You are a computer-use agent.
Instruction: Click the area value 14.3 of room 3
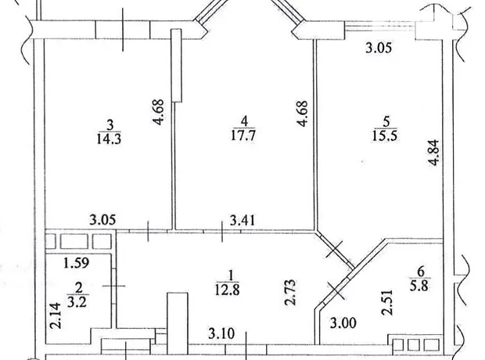pyautogui.click(x=109, y=139)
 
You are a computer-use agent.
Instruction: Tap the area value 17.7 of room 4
pyautogui.click(x=243, y=135)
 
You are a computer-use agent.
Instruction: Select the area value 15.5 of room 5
pyautogui.click(x=385, y=135)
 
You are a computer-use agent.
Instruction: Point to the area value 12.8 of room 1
pyautogui.click(x=228, y=290)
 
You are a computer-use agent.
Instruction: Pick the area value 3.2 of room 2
pyautogui.click(x=77, y=301)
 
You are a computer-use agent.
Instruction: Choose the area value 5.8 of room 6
pyautogui.click(x=419, y=286)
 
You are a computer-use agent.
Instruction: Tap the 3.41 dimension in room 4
pyautogui.click(x=242, y=221)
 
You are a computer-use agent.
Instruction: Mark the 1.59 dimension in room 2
pyautogui.click(x=77, y=263)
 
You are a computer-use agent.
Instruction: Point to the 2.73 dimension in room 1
pyautogui.click(x=290, y=293)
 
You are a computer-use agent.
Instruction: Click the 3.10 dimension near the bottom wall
pyautogui.click(x=221, y=333)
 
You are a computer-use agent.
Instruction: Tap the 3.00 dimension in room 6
pyautogui.click(x=343, y=323)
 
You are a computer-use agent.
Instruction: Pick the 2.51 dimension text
pyautogui.click(x=387, y=302)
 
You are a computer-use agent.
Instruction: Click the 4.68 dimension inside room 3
pyautogui.click(x=157, y=112)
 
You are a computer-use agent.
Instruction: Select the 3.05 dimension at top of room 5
pyautogui.click(x=379, y=49)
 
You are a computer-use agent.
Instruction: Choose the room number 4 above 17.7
pyautogui.click(x=244, y=121)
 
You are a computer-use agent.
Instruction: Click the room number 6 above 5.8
pyautogui.click(x=420, y=272)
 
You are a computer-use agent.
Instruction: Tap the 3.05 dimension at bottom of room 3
pyautogui.click(x=102, y=220)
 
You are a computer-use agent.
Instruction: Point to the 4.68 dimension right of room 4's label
pyautogui.click(x=302, y=113)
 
